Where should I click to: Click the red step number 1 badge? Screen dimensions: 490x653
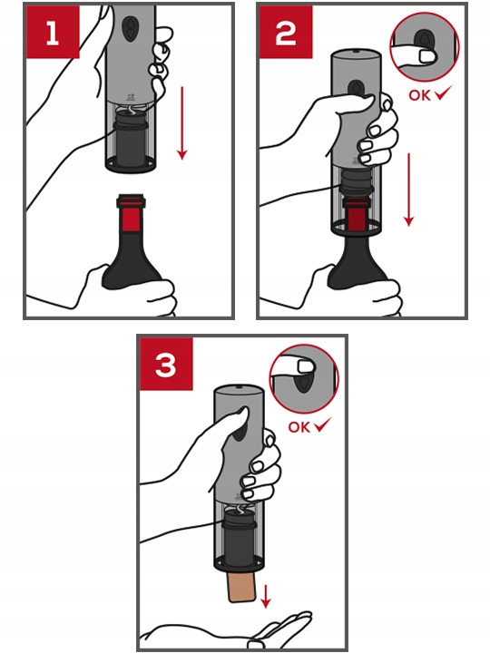53,32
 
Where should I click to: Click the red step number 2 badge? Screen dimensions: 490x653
286,32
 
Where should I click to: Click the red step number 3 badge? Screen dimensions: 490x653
166,364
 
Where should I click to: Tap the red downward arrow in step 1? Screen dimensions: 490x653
181,122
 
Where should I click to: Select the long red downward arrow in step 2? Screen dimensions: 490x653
409,190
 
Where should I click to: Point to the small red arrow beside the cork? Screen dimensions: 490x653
265,597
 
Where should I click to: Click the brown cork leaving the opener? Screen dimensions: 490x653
241,587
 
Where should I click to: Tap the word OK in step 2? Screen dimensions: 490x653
419,95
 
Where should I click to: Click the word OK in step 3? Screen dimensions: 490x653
299,427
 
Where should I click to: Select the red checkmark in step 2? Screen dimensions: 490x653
444,93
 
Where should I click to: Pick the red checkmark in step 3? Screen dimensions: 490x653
322,424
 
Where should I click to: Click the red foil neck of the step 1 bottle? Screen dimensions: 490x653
132,212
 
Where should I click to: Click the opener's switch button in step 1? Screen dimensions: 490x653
131,27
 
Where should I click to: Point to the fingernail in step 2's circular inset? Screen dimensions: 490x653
426,56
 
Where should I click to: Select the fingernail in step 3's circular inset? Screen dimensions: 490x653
306,366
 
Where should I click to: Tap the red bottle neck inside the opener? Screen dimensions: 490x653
357,213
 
